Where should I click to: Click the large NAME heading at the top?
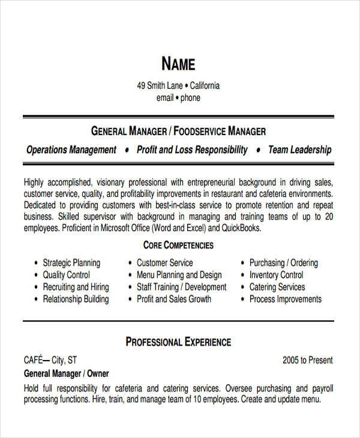click(x=178, y=64)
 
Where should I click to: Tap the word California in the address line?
click(x=205, y=86)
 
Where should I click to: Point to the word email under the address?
click(x=164, y=98)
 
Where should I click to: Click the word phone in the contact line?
click(x=190, y=98)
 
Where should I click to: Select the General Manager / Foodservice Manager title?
click(x=178, y=131)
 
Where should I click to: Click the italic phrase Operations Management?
click(x=71, y=150)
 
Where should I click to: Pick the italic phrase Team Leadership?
click(x=299, y=150)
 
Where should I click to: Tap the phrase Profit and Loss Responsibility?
click(x=192, y=150)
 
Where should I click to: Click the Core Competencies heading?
click(x=178, y=245)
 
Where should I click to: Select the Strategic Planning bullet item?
click(x=71, y=263)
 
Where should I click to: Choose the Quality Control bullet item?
click(x=66, y=275)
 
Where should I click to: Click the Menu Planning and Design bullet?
click(x=178, y=275)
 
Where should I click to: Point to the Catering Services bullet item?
click(x=277, y=287)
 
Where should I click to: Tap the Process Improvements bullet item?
click(x=286, y=299)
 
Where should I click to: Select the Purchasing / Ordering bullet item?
click(x=284, y=263)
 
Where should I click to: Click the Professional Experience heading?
click(x=178, y=342)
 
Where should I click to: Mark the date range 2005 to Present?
click(x=307, y=361)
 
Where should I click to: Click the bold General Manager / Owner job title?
click(x=67, y=373)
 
